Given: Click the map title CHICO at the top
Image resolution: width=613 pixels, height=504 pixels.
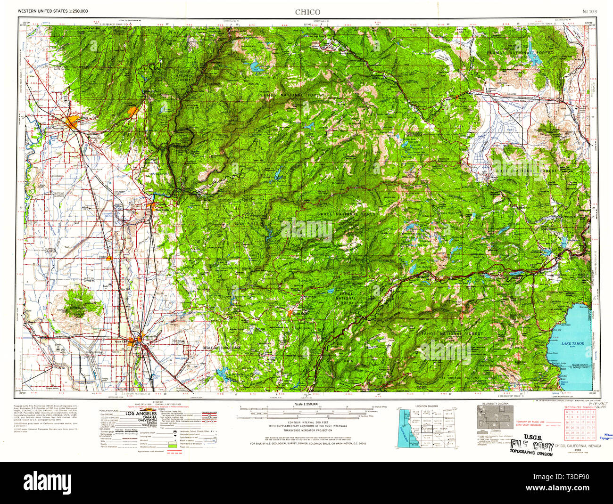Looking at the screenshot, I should click(307, 12).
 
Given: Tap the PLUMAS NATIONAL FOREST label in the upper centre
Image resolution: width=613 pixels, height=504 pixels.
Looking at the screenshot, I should click(291, 95).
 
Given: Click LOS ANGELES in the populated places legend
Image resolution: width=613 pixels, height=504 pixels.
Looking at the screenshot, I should click(141, 414).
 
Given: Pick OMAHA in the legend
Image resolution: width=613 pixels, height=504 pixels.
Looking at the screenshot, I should click(141, 418).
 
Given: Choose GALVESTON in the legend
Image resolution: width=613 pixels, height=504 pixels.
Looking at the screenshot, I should click(141, 423).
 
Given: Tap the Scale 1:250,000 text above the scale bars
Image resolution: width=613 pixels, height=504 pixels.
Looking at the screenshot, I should click(306, 404).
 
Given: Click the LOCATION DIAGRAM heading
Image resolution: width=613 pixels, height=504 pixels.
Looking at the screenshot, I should click(426, 406).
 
